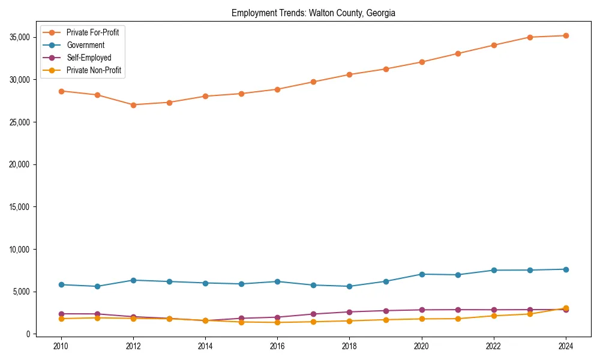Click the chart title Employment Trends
click(313, 13)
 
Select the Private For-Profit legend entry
click(92, 32)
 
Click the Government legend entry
click(85, 45)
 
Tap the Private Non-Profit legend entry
click(94, 70)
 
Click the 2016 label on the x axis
click(277, 346)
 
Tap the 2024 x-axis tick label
click(566, 346)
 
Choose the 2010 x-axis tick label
click(61, 346)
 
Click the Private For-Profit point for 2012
click(133, 105)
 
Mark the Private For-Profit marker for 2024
click(566, 35)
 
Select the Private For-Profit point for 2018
click(349, 74)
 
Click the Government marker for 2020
click(422, 274)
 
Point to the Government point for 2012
click(133, 280)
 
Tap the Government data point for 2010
click(61, 284)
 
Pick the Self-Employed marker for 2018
click(349, 312)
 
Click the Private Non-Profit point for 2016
click(277, 322)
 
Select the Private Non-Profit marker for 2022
click(494, 316)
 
